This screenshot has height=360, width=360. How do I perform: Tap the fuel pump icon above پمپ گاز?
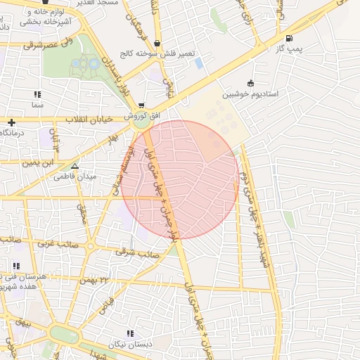(289, 38)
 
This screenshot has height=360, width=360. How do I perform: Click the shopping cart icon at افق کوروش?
(141, 105)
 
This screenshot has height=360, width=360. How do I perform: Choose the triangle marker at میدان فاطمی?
(75, 167)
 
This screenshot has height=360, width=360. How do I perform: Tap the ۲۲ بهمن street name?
(96, 280)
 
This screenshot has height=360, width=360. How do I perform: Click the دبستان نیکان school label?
(129, 344)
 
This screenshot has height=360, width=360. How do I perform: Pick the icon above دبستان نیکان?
(129, 333)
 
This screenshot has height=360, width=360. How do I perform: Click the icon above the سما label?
(37, 94)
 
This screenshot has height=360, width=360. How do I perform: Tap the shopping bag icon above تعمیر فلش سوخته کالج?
(156, 43)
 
